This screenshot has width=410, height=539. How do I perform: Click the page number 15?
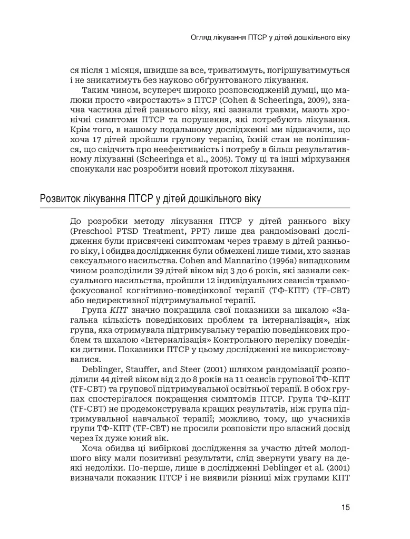tap(346, 507)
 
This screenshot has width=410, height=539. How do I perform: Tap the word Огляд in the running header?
tap(201, 38)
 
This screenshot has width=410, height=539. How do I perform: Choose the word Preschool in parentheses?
tap(93, 230)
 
